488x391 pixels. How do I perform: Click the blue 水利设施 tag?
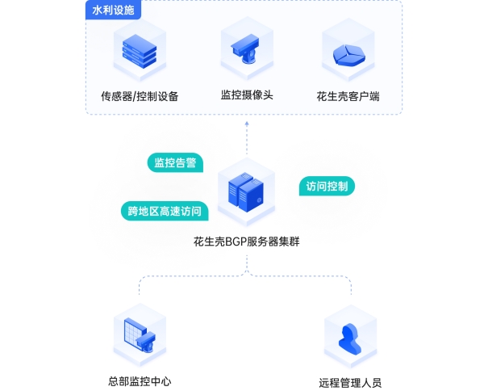112,11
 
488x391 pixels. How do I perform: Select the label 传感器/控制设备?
140,96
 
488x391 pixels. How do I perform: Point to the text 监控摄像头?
247,95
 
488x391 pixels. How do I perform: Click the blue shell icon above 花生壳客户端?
348,52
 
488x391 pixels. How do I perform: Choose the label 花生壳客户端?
348,96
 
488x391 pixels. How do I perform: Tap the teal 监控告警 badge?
175,163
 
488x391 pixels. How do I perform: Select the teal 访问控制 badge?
327,187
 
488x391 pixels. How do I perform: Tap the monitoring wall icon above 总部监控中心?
139,333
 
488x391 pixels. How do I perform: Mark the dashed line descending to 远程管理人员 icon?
351,292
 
